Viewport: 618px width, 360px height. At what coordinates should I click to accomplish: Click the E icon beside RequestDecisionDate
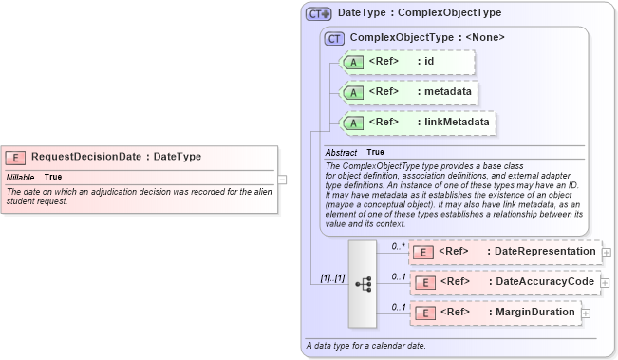(16, 157)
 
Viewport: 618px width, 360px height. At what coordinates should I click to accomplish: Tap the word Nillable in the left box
(21, 177)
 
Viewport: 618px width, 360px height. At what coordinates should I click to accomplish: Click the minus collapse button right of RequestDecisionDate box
(282, 178)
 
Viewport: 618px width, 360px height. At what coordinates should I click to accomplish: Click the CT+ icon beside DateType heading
(318, 14)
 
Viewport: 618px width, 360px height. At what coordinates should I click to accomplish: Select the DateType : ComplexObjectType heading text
(420, 14)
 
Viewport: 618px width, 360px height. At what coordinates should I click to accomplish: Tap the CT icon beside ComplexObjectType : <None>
(334, 38)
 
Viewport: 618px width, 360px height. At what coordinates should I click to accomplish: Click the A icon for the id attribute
(353, 62)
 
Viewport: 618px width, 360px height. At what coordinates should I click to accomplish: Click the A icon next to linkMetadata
(353, 123)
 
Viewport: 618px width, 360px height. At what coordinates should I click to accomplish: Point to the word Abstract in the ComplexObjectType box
(341, 152)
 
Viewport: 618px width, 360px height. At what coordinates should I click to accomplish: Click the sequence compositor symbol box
(363, 282)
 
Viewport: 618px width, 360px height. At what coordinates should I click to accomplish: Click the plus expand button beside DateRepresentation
(607, 253)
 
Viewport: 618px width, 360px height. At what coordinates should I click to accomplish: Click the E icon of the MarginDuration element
(426, 313)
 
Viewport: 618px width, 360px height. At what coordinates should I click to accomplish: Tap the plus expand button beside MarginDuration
(586, 313)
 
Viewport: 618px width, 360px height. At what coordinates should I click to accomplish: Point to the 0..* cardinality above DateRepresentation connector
(399, 245)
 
